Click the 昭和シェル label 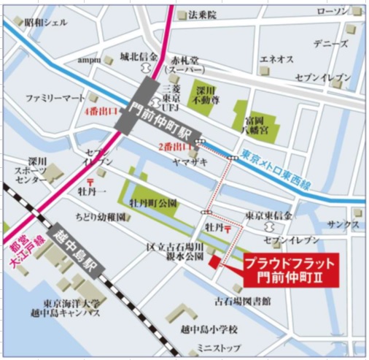[x=45, y=23]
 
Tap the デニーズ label [x=330, y=43]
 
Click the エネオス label [x=276, y=58]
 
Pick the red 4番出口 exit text [x=98, y=112]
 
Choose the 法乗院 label [x=202, y=14]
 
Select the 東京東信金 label [x=268, y=215]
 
